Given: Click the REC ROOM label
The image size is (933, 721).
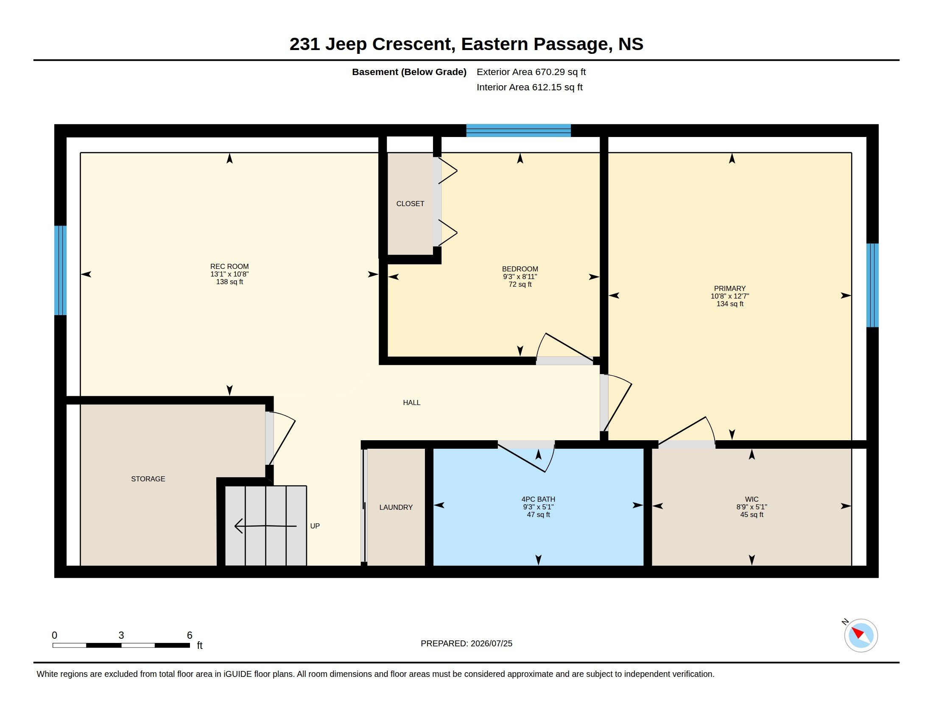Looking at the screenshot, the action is (229, 266).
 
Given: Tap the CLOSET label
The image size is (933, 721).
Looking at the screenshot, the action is (410, 204).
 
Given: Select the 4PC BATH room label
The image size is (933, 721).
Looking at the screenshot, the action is (538, 499).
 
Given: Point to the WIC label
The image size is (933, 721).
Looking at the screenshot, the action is (752, 499).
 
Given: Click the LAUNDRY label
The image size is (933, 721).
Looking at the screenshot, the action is (396, 507).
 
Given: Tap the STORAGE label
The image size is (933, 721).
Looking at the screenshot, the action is (148, 479).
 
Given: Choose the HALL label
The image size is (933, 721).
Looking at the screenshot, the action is (412, 402).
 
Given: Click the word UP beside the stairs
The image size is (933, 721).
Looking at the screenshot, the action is (315, 526).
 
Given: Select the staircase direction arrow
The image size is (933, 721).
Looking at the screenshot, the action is (266, 526).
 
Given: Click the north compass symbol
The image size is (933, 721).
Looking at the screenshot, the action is (861, 635).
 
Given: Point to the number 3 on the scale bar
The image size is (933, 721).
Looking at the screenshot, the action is (121, 635).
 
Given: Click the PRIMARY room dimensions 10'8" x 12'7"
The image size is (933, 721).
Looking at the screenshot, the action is (730, 296).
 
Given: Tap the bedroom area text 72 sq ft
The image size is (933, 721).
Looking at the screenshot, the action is (520, 284).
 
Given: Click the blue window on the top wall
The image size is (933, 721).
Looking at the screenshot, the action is (518, 130).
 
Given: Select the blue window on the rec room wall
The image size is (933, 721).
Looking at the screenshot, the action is (60, 271).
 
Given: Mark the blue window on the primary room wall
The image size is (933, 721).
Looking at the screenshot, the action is (872, 285).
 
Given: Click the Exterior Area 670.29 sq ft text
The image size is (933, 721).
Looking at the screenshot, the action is (531, 72).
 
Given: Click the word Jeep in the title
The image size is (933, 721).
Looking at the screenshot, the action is (346, 45).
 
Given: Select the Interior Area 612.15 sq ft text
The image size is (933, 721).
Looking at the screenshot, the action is (529, 87).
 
